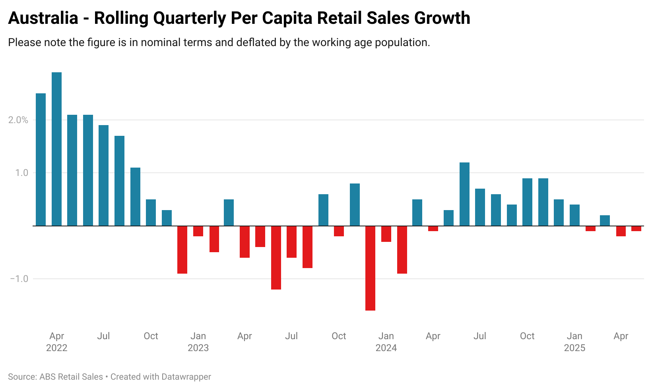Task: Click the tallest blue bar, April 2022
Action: coord(57,149)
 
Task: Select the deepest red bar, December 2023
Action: coord(370,268)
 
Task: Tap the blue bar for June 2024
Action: coord(464,194)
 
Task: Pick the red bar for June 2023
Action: coord(276,257)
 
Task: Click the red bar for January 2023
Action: coord(198,231)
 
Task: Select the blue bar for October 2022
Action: coord(151,212)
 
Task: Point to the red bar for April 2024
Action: coord(433,228)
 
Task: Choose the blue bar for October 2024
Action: coord(527,202)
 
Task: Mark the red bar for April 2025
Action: coord(621,231)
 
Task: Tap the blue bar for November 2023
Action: coord(355,205)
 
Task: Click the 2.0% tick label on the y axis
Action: coord(18,120)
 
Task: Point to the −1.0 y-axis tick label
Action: coord(19,279)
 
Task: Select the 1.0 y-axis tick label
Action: coord(22,173)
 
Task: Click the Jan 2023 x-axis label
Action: coord(198,342)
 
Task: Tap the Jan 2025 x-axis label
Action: coord(574,342)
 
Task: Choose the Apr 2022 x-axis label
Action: coord(57,342)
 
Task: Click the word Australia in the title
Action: coord(43,18)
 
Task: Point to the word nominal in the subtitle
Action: coord(160,42)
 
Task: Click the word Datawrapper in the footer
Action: coord(186,377)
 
